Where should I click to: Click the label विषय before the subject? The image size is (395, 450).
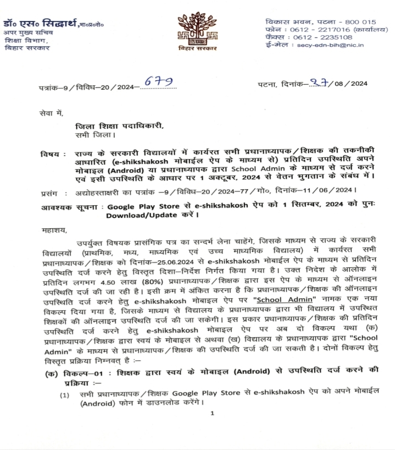[49, 153]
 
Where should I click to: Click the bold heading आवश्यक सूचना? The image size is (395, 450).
[70, 207]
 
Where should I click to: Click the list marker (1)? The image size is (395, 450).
[65, 394]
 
